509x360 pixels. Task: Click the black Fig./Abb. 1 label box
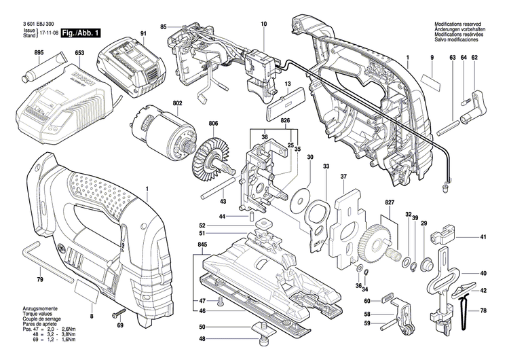coord(80,33)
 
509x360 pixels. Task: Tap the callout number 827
coord(390,203)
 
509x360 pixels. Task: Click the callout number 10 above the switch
coord(263,24)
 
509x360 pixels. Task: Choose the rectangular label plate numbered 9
coord(430,83)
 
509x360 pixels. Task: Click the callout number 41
coord(484,237)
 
